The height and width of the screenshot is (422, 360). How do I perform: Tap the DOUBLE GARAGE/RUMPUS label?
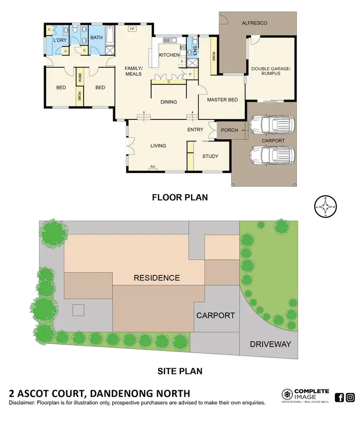tap(271, 71)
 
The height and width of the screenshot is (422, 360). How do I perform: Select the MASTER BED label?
tap(222, 100)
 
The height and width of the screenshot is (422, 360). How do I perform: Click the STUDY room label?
tap(210, 156)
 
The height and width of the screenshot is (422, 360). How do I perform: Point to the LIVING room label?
tap(158, 146)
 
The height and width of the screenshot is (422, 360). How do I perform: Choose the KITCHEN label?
tap(169, 55)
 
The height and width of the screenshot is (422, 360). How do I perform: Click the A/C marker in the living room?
tap(153, 167)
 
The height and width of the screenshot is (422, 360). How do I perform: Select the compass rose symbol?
tap(325, 207)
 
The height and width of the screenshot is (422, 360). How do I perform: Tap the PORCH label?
tap(229, 130)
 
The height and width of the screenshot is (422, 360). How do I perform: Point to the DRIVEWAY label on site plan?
tap(270, 344)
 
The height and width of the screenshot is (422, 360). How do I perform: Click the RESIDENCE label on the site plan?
tap(156, 278)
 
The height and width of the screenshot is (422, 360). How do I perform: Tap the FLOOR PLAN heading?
tap(180, 197)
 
